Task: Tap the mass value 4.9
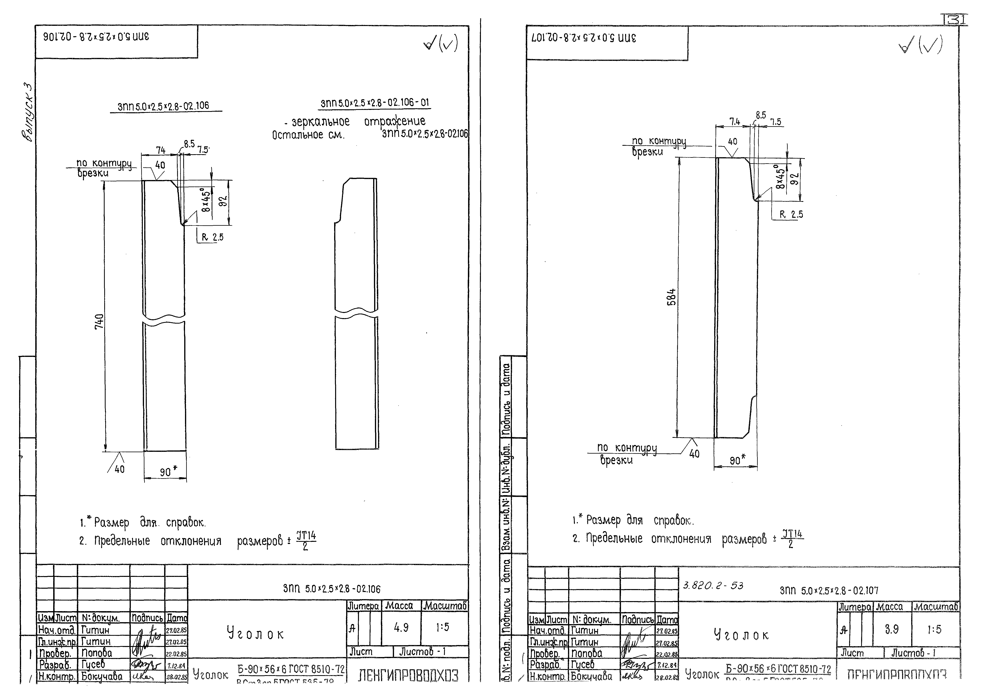coord(401,628)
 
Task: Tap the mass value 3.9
coord(892,629)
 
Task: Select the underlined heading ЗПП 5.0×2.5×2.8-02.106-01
coord(375,103)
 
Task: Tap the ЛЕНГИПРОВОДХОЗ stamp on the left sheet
coord(408,676)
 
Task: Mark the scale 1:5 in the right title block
coord(934,629)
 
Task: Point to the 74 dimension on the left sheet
coord(161,150)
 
